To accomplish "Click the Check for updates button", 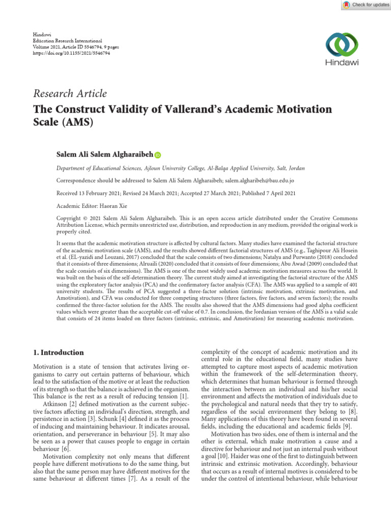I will click(x=362, y=5).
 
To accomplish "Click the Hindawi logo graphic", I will click(x=342, y=45).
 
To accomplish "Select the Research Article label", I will click(x=70, y=93).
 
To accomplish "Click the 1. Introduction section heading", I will click(x=59, y=352).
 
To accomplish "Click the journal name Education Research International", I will click(x=68, y=40).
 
